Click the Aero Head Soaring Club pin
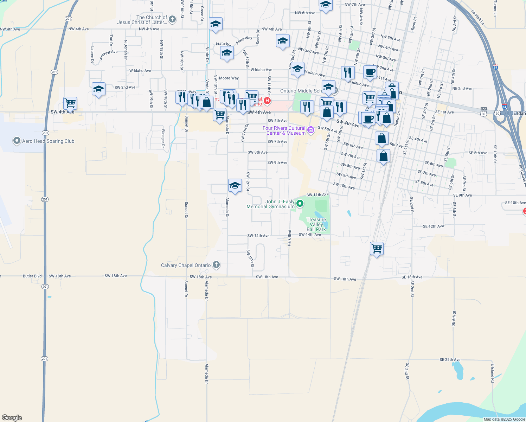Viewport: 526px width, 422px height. (17, 141)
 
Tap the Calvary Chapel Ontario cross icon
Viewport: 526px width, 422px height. (216, 265)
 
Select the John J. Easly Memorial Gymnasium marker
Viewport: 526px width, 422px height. (300, 203)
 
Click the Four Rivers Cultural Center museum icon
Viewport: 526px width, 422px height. (310, 130)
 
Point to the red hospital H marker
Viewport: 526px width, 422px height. (267, 101)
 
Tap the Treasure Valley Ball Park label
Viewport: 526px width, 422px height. (316, 224)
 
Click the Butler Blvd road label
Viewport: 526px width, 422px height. (32, 276)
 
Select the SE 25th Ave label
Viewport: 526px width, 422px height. (450, 359)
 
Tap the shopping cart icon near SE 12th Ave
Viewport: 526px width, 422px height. (377, 249)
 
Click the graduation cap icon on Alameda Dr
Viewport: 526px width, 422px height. (235, 185)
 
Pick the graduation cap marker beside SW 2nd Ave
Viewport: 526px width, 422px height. (98, 89)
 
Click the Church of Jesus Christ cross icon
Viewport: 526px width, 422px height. (172, 19)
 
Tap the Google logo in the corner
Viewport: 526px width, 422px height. (12, 418)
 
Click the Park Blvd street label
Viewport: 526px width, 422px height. (290, 237)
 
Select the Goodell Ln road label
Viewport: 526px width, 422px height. (477, 17)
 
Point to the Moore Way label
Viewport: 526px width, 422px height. (229, 78)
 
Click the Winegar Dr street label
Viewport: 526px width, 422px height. (163, 136)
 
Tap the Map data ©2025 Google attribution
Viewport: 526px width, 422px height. (504, 419)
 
